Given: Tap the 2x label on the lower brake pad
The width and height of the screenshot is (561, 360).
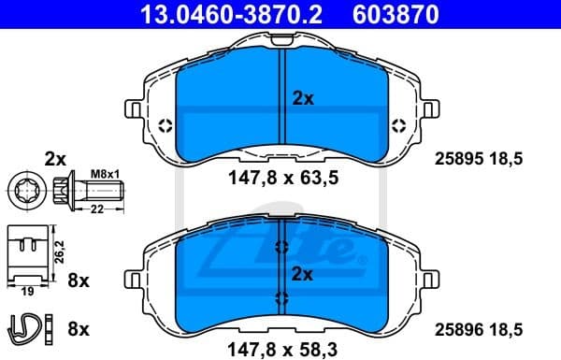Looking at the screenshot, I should tap(302, 275).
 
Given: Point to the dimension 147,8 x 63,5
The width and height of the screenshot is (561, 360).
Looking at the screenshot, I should tap(280, 179).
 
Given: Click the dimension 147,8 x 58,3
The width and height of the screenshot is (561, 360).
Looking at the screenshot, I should tap(280, 349).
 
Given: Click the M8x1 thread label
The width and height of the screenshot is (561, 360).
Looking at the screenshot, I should tap(104, 171).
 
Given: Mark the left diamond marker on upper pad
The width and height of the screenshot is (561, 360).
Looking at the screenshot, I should tap(165, 127).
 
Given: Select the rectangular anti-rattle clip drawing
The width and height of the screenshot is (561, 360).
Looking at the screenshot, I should tap(28, 252).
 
